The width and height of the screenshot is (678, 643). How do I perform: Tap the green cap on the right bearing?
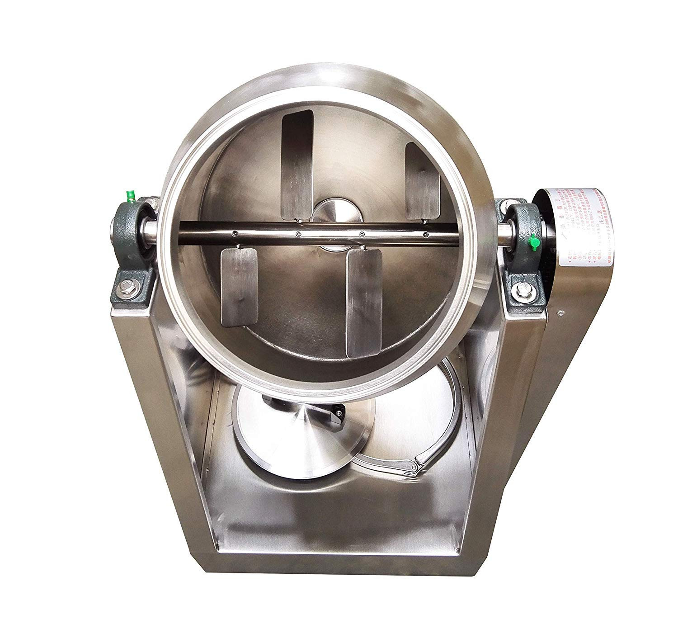coord(534,242)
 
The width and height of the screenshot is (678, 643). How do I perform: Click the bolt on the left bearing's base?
coord(125,285)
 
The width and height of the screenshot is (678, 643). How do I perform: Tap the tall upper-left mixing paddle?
coord(297,165)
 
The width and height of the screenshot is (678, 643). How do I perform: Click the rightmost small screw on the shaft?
coord(425,234)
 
